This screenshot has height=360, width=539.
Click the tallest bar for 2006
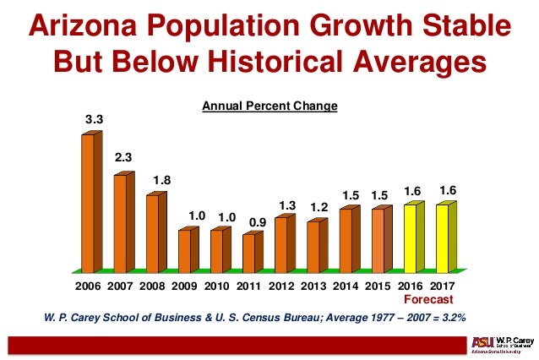[88, 203]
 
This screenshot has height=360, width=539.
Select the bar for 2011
[248, 253]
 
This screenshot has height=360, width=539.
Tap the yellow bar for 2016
[410, 237]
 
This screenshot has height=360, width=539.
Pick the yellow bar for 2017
[442, 237]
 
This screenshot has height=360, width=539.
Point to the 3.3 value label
[93, 120]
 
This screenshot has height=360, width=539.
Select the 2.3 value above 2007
[125, 157]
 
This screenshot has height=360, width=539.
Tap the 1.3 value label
[287, 205]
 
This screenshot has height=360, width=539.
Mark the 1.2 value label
[319, 207]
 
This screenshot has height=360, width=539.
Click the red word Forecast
[427, 299]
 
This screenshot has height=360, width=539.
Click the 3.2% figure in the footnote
[453, 318]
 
